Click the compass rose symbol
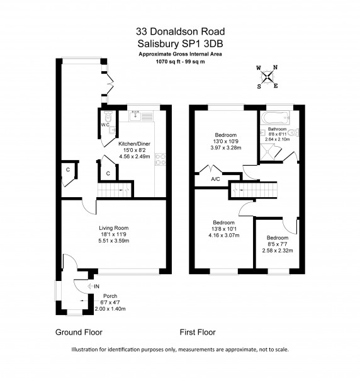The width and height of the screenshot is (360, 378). (267, 77)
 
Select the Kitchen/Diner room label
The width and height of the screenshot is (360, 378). (134, 144)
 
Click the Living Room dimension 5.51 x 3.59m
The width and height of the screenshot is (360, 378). (114, 241)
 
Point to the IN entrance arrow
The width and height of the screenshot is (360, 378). (93, 287)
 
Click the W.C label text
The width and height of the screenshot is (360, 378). (105, 125)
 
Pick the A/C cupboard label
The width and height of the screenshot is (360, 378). (215, 179)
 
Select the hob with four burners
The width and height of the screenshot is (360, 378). (160, 159)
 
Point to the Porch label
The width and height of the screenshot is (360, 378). (110, 296)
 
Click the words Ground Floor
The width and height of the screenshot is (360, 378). (79, 332)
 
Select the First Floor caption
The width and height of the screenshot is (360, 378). (198, 332)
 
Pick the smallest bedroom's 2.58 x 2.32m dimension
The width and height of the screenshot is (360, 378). (278, 251)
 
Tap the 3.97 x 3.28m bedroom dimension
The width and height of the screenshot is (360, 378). (226, 148)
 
